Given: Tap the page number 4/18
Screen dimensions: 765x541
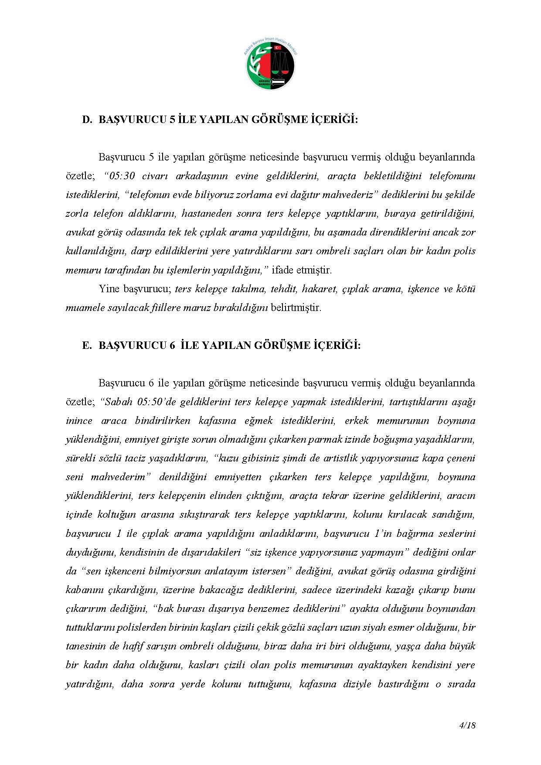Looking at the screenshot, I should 467,725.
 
